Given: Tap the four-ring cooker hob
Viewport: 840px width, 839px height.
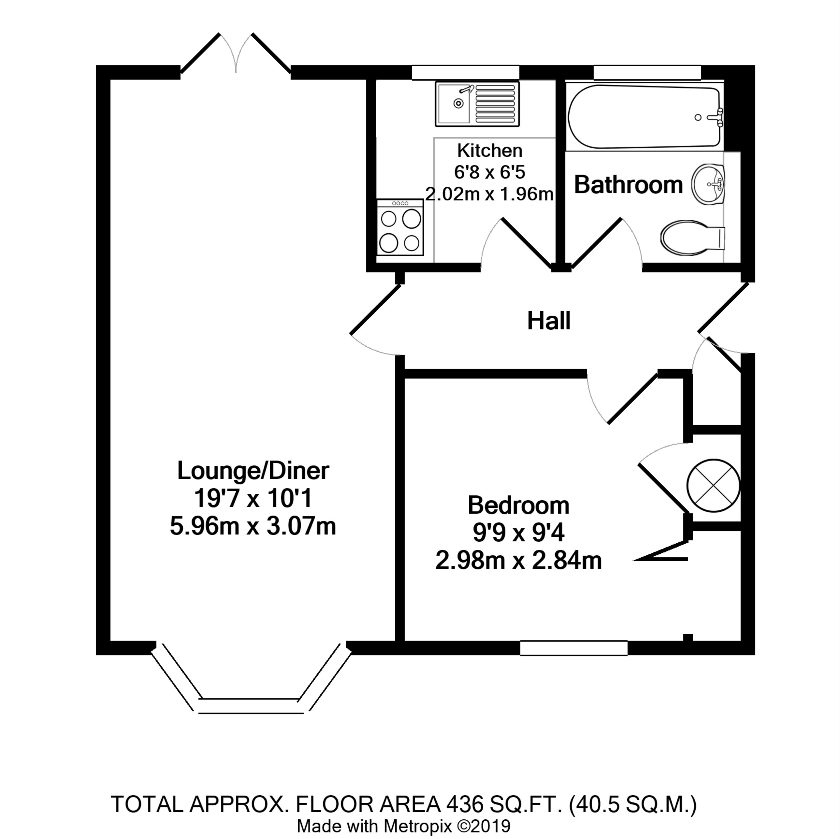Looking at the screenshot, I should [x=400, y=227].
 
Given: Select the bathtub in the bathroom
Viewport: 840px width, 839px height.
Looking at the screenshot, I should [x=643, y=117].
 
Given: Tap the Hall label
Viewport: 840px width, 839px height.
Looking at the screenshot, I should [x=548, y=321].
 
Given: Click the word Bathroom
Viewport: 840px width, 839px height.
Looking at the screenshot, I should [x=628, y=185].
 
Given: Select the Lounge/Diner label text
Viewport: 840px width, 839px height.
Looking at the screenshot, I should [x=253, y=471].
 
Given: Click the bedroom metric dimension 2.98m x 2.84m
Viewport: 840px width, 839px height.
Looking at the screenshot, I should [x=518, y=561].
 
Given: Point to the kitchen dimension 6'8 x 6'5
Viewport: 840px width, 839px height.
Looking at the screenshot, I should [x=490, y=172].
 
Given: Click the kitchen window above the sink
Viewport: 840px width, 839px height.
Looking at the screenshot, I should [x=465, y=73].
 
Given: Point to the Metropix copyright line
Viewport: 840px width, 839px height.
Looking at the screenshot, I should [x=403, y=826].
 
